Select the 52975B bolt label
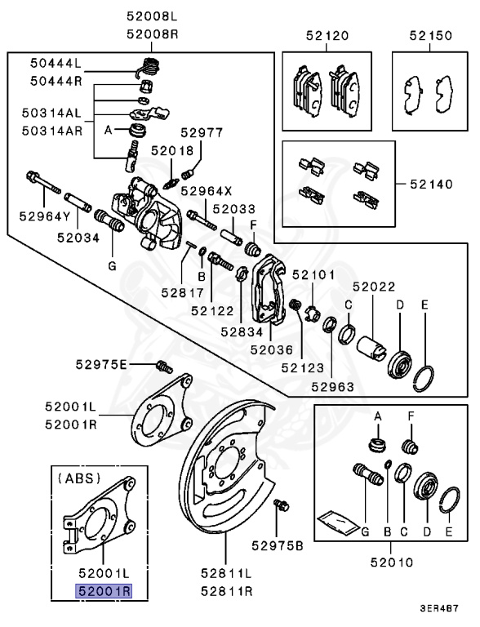pos(278,545)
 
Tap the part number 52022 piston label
pos(374,287)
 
